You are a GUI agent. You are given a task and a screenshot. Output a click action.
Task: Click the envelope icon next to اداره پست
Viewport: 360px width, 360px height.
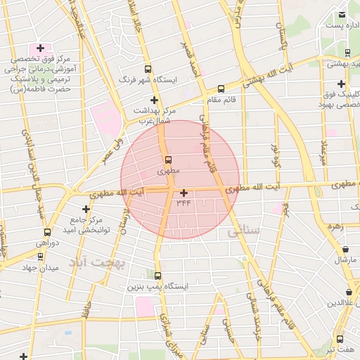click(342, 15)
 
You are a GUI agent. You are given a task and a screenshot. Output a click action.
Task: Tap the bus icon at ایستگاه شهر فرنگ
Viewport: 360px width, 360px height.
click(148, 69)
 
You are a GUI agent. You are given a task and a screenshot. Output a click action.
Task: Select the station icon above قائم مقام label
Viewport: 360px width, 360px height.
click(221, 89)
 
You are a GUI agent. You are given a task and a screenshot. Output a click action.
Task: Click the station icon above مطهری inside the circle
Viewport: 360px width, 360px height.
click(169, 160)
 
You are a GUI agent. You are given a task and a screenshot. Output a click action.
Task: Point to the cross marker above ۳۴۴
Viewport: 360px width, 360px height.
click(184, 193)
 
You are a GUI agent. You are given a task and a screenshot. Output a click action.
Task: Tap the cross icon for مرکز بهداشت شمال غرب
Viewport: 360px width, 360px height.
click(154, 100)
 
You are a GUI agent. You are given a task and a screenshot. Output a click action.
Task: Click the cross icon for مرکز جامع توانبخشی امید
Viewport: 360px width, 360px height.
click(86, 209)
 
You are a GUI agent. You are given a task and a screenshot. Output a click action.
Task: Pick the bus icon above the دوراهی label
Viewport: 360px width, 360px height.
click(47, 233)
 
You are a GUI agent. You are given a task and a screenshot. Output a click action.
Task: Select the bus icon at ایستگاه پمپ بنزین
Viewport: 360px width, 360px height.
click(157, 276)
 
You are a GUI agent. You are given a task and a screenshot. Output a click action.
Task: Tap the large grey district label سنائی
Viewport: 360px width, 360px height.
click(244, 230)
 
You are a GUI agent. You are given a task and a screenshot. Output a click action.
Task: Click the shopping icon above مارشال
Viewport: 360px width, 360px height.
click(345, 249)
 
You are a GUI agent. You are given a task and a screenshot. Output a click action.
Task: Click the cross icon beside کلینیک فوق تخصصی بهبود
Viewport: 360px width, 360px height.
click(341, 84)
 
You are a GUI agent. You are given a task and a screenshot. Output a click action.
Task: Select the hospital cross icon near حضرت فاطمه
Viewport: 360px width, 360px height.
click(40, 49)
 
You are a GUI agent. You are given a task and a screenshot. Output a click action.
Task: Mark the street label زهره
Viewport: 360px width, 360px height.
click(334, 226)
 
